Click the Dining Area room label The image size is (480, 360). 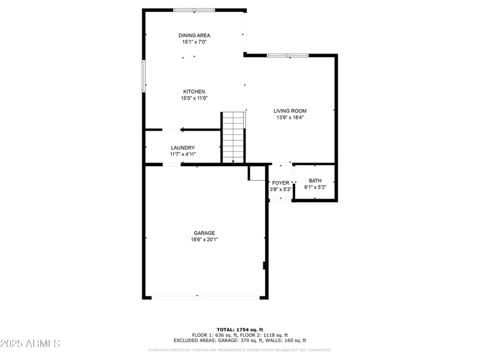[x=194, y=35]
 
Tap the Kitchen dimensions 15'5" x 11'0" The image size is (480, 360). [x=194, y=98]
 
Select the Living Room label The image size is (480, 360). [x=290, y=110]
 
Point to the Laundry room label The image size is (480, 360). [x=182, y=148]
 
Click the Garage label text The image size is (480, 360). [x=204, y=233]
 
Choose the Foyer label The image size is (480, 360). [x=280, y=182]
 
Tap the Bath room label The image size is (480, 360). [x=315, y=181]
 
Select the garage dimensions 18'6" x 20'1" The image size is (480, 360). [x=204, y=239]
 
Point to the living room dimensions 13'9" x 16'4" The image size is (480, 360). [x=290, y=118]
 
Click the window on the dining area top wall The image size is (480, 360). [x=194, y=10]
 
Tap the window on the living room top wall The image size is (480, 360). [x=287, y=56]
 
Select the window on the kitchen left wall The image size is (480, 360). [x=143, y=76]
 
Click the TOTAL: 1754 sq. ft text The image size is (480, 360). [x=240, y=329]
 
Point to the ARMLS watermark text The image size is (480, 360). [x=30, y=344]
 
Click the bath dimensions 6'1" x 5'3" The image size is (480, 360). [x=315, y=187]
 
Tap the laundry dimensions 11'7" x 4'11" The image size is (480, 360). [x=182, y=154]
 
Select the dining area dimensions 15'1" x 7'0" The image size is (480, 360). [x=194, y=42]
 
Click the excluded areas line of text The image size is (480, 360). [x=240, y=340]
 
